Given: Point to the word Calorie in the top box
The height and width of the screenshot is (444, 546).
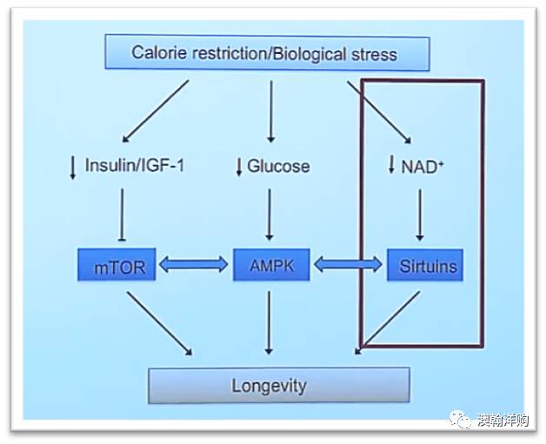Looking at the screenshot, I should pyautogui.click(x=161, y=52).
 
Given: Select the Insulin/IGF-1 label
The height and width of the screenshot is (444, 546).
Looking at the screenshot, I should pyautogui.click(x=133, y=164).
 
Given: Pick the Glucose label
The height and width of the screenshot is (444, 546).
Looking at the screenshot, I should pyautogui.click(x=278, y=165).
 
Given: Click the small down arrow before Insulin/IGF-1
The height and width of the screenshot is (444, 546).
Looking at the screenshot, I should pyautogui.click(x=73, y=166).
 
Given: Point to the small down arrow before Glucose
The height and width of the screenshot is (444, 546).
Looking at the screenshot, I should pyautogui.click(x=238, y=166).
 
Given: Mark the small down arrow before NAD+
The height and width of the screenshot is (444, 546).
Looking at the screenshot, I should pyautogui.click(x=391, y=165).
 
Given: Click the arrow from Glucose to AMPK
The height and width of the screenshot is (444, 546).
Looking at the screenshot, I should pyautogui.click(x=270, y=212).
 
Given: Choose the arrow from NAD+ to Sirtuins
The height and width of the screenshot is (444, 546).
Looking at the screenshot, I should pyautogui.click(x=420, y=212).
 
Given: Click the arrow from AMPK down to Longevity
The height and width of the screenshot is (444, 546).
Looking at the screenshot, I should pyautogui.click(x=269, y=322).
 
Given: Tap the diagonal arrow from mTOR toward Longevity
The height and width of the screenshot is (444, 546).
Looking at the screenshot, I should pyautogui.click(x=159, y=322).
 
